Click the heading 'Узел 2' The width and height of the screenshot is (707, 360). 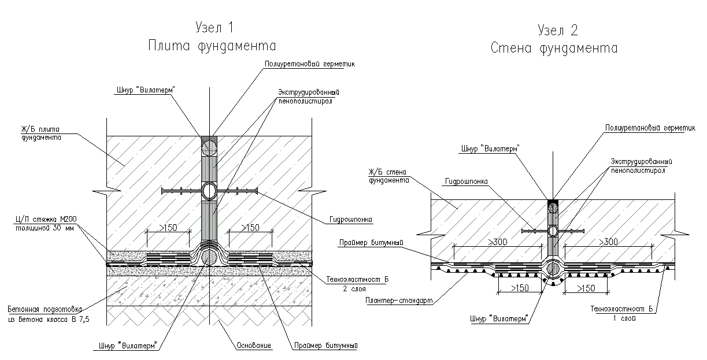point(557,30)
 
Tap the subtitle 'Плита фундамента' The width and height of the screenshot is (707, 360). point(211,46)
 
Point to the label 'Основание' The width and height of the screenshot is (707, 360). point(254,346)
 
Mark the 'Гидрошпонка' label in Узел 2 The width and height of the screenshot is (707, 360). point(466,181)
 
